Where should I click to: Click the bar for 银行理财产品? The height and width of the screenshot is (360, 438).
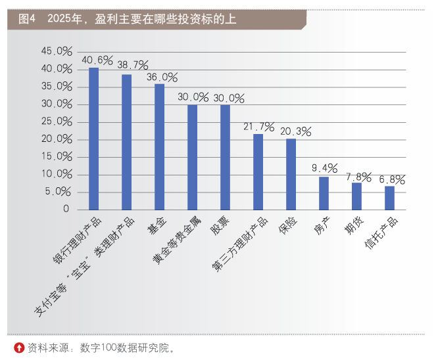[x=93, y=139]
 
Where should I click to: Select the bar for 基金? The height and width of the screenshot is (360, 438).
[x=159, y=146]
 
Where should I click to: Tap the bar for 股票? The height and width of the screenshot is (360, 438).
[x=225, y=157]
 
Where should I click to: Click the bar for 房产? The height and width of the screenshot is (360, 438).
[x=324, y=193]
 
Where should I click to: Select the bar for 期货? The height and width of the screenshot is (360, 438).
[x=356, y=196]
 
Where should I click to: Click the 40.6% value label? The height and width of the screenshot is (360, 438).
[x=97, y=60]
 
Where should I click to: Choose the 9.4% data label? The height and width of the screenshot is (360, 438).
[x=325, y=169]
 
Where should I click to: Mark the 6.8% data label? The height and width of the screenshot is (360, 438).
[x=391, y=179]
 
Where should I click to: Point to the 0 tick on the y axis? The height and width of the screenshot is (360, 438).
[x=66, y=210]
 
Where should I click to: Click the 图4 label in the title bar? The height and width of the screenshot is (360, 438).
[x=27, y=20]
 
